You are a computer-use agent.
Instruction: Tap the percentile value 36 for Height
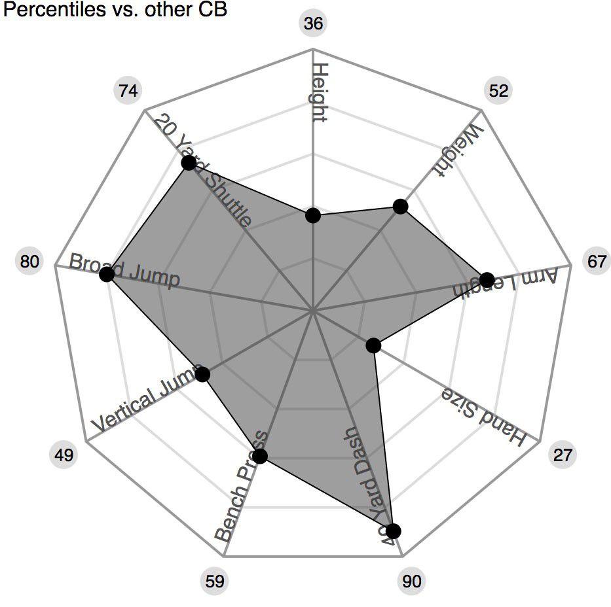[314, 24]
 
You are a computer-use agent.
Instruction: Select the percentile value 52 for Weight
[498, 90]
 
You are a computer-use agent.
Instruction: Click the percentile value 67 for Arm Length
[597, 262]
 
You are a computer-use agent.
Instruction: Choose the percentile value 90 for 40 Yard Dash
[412, 581]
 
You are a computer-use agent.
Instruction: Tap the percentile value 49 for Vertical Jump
[64, 455]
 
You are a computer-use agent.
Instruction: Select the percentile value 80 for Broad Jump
[29, 262]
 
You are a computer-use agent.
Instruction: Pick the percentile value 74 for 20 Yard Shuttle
[128, 90]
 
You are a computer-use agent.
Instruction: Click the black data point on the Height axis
[313, 215]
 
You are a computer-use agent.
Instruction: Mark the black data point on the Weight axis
[400, 207]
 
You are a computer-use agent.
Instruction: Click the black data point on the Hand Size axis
[373, 345]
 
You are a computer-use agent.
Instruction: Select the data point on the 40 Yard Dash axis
[393, 531]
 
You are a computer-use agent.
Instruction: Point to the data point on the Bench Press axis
[261, 457]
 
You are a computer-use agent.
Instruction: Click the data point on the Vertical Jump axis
[203, 374]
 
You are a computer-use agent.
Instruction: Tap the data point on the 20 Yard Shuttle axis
[188, 162]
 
